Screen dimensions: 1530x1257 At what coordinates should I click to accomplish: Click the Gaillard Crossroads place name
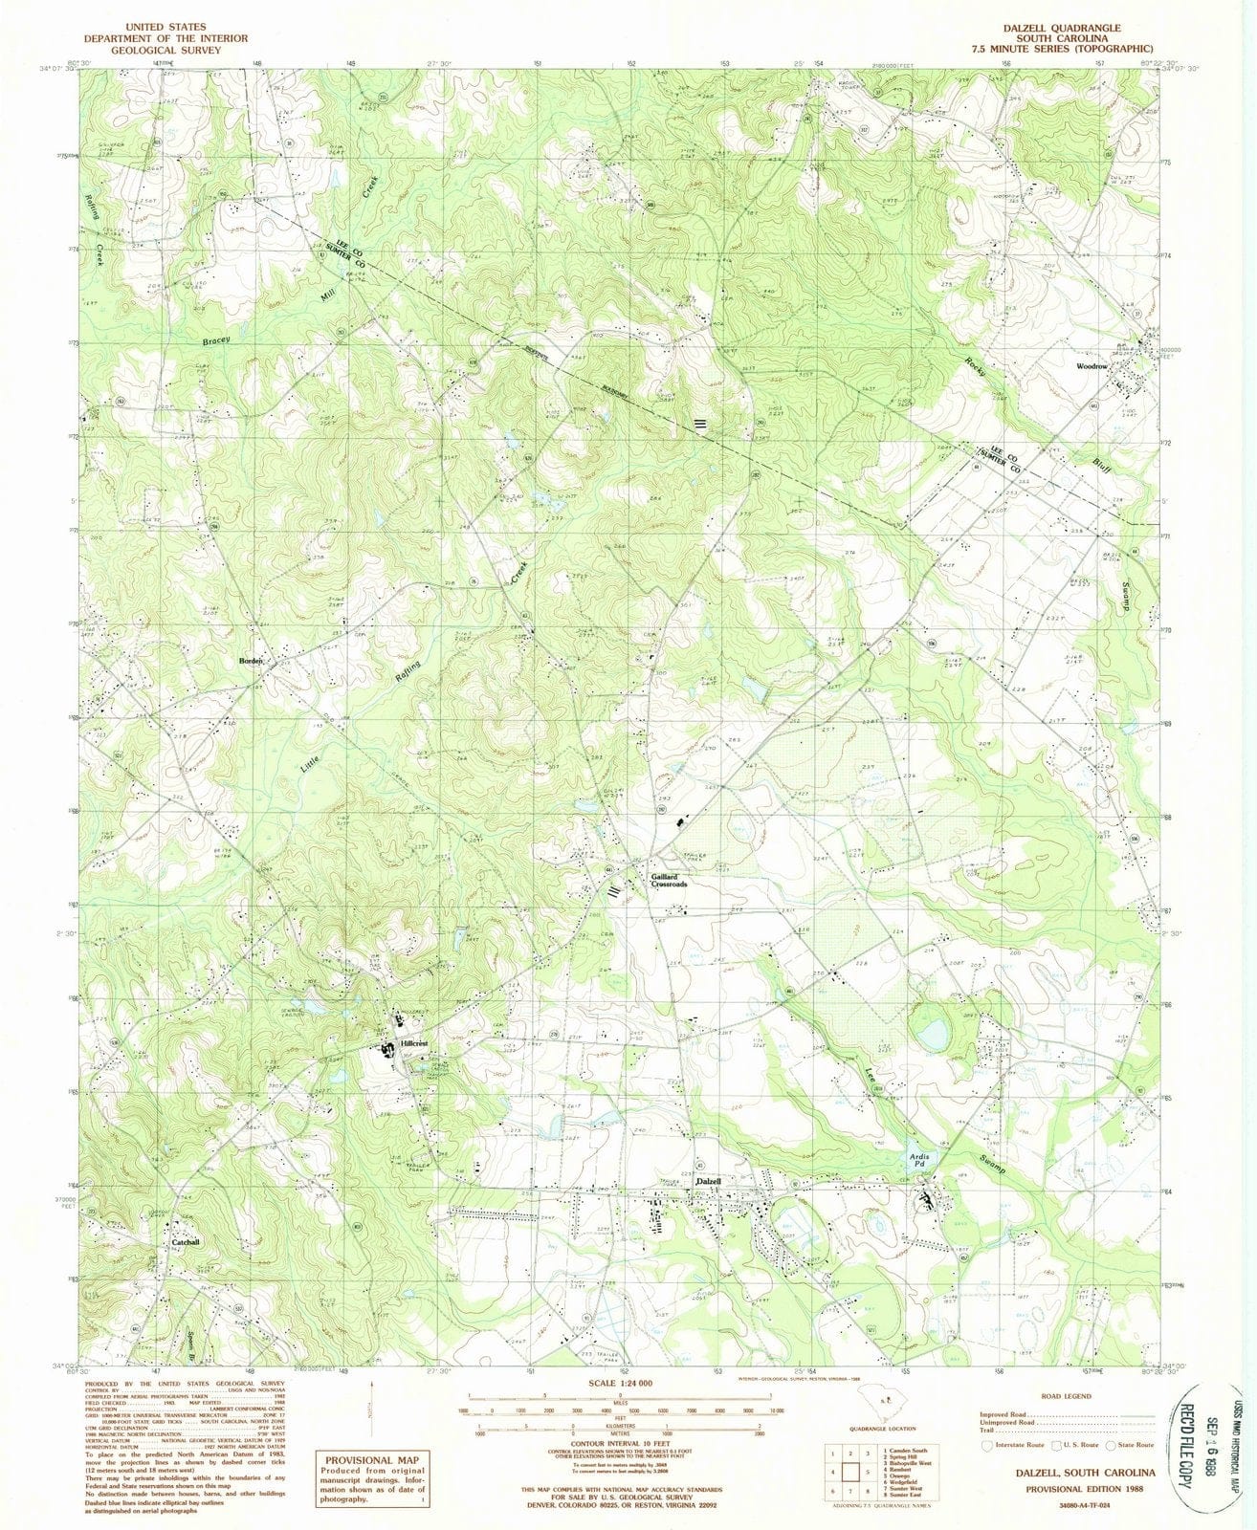(669, 881)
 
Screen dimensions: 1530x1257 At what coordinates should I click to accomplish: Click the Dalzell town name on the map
(708, 1182)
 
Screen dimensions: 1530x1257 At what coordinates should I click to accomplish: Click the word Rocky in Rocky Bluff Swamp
(974, 363)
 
